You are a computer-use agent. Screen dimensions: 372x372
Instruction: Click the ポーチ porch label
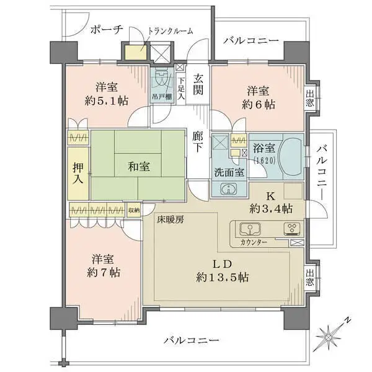[107, 30]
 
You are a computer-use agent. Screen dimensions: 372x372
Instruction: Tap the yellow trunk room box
[136, 51]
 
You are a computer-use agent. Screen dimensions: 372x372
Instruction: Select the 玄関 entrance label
[198, 84]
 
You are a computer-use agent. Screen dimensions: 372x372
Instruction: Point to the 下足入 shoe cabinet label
[181, 89]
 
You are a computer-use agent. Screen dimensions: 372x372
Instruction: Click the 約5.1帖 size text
[107, 101]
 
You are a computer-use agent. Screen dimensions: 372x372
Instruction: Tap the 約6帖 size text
[259, 104]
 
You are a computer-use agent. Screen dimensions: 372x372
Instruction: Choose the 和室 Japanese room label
[139, 166]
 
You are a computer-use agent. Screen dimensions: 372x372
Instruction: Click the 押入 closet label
[78, 173]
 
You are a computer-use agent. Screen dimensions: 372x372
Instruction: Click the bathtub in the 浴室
[291, 156]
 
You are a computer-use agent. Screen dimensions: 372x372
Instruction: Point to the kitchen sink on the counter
[250, 229]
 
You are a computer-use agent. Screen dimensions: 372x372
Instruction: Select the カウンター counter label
[254, 242]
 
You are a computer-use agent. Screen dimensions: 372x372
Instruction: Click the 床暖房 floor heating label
[170, 220]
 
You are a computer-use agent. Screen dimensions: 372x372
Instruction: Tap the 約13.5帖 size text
[223, 277]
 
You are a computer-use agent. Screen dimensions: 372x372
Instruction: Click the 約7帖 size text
[104, 273]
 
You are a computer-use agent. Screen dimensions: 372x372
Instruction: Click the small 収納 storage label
[134, 210]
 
